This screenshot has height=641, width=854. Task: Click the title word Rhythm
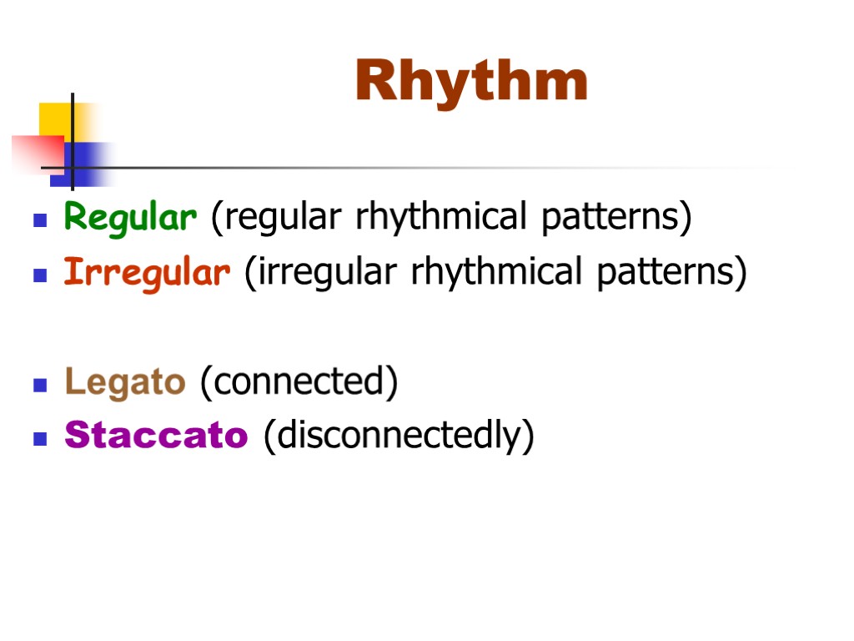tap(471, 82)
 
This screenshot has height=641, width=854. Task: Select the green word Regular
tap(131, 218)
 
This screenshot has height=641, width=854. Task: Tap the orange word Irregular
tap(147, 272)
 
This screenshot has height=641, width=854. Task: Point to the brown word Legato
tap(124, 382)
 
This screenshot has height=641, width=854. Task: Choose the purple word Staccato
tap(156, 436)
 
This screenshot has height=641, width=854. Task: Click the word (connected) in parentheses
tap(299, 382)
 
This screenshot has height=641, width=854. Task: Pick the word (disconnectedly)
tap(399, 436)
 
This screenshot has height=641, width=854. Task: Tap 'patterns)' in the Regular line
tap(617, 218)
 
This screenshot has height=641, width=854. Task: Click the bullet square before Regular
tap(38, 221)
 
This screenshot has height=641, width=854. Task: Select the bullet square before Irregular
tap(38, 275)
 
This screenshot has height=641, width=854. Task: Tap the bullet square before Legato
tap(38, 386)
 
